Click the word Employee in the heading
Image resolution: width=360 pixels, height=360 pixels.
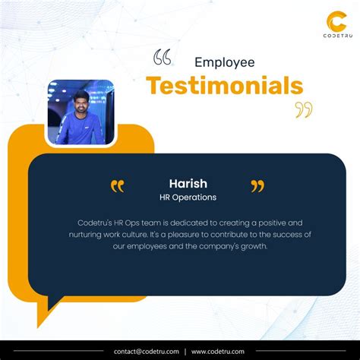pyautogui.click(x=224, y=62)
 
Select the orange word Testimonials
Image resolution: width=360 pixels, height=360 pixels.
pyautogui.click(x=224, y=85)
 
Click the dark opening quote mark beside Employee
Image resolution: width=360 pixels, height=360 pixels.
pyautogui.click(x=162, y=57)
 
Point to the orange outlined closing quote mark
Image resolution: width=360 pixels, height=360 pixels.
pyautogui.click(x=304, y=110)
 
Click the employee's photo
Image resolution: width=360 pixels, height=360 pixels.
pyautogui.click(x=81, y=112)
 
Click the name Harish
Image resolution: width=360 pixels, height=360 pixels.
pyautogui.click(x=188, y=183)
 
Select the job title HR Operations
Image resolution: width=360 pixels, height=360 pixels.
pyautogui.click(x=188, y=197)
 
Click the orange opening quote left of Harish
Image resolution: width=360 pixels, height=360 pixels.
pyautogui.click(x=117, y=186)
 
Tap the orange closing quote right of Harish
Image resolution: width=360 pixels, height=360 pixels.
pyautogui.click(x=257, y=186)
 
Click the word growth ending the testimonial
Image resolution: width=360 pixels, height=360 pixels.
pyautogui.click(x=252, y=245)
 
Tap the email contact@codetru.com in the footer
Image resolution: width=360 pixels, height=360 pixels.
pyautogui.click(x=147, y=351)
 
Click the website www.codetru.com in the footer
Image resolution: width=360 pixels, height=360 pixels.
pyautogui.click(x=217, y=351)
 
